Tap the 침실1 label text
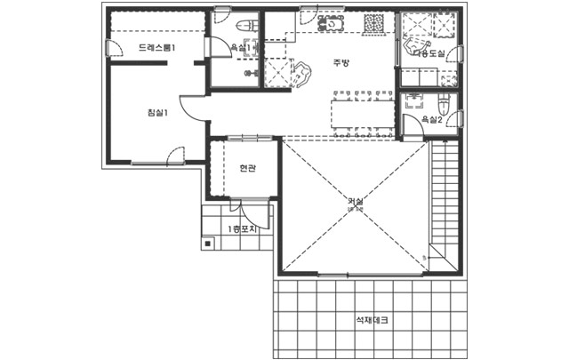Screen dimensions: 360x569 pyautogui.click(x=157, y=112)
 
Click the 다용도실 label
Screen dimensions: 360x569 pyautogui.click(x=429, y=54)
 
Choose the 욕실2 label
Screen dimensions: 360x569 pyautogui.click(x=431, y=119)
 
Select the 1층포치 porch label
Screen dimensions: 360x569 pyautogui.click(x=242, y=229)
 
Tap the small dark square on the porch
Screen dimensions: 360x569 pyautogui.click(x=206, y=242)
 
